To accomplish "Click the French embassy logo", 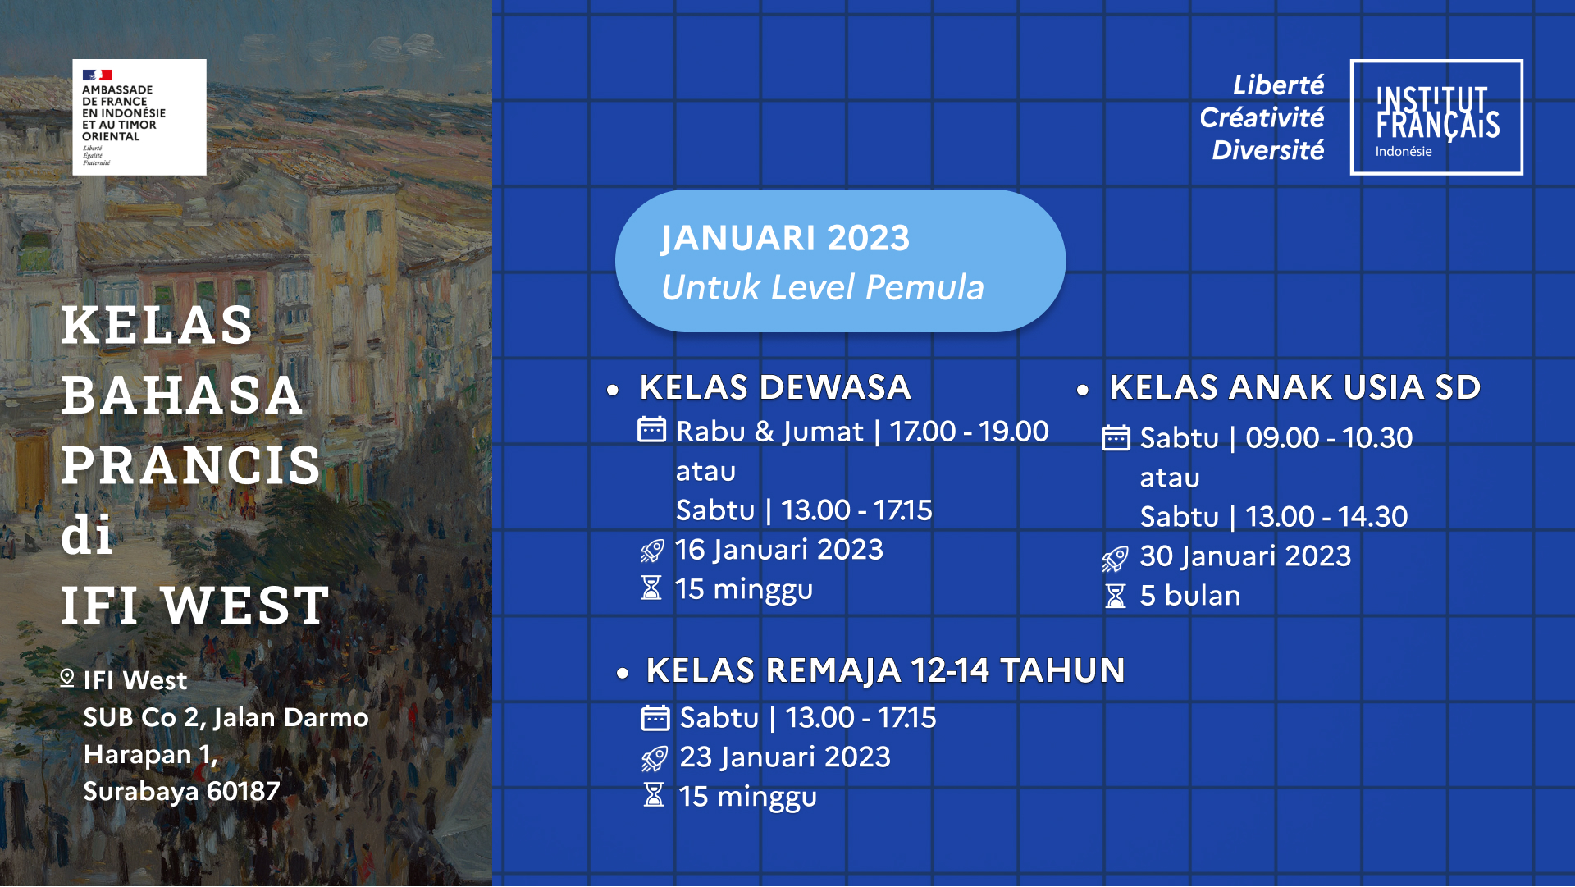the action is tap(139, 117).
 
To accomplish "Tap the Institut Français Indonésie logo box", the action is tap(1436, 117).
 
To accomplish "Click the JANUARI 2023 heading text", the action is tap(785, 238).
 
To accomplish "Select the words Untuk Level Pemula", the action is tap(823, 287).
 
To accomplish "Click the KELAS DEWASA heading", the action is tap(775, 387).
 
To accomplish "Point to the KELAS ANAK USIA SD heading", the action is tap(1295, 387).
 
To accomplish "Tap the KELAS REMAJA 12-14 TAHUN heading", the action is tap(885, 670).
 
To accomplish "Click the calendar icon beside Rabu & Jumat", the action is tap(652, 430).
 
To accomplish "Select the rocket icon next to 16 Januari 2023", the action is tap(652, 551).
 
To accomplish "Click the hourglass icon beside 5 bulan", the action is tap(1116, 596).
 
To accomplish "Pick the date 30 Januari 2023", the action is tap(1245, 556).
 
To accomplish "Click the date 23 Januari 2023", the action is tap(785, 757).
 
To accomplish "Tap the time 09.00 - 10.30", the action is tap(1329, 438).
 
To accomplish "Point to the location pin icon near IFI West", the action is tap(67, 679).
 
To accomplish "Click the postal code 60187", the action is tap(243, 791).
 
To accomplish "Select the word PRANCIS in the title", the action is tap(191, 465).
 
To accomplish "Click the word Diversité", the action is tap(1268, 150).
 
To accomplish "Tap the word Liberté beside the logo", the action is tap(1279, 85).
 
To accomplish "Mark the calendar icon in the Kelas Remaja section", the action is tap(655, 718).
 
